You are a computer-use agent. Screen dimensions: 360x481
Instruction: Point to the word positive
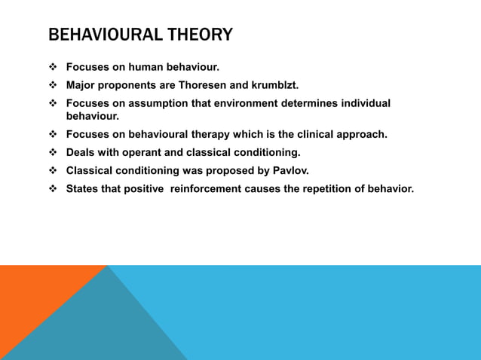click(142, 188)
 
